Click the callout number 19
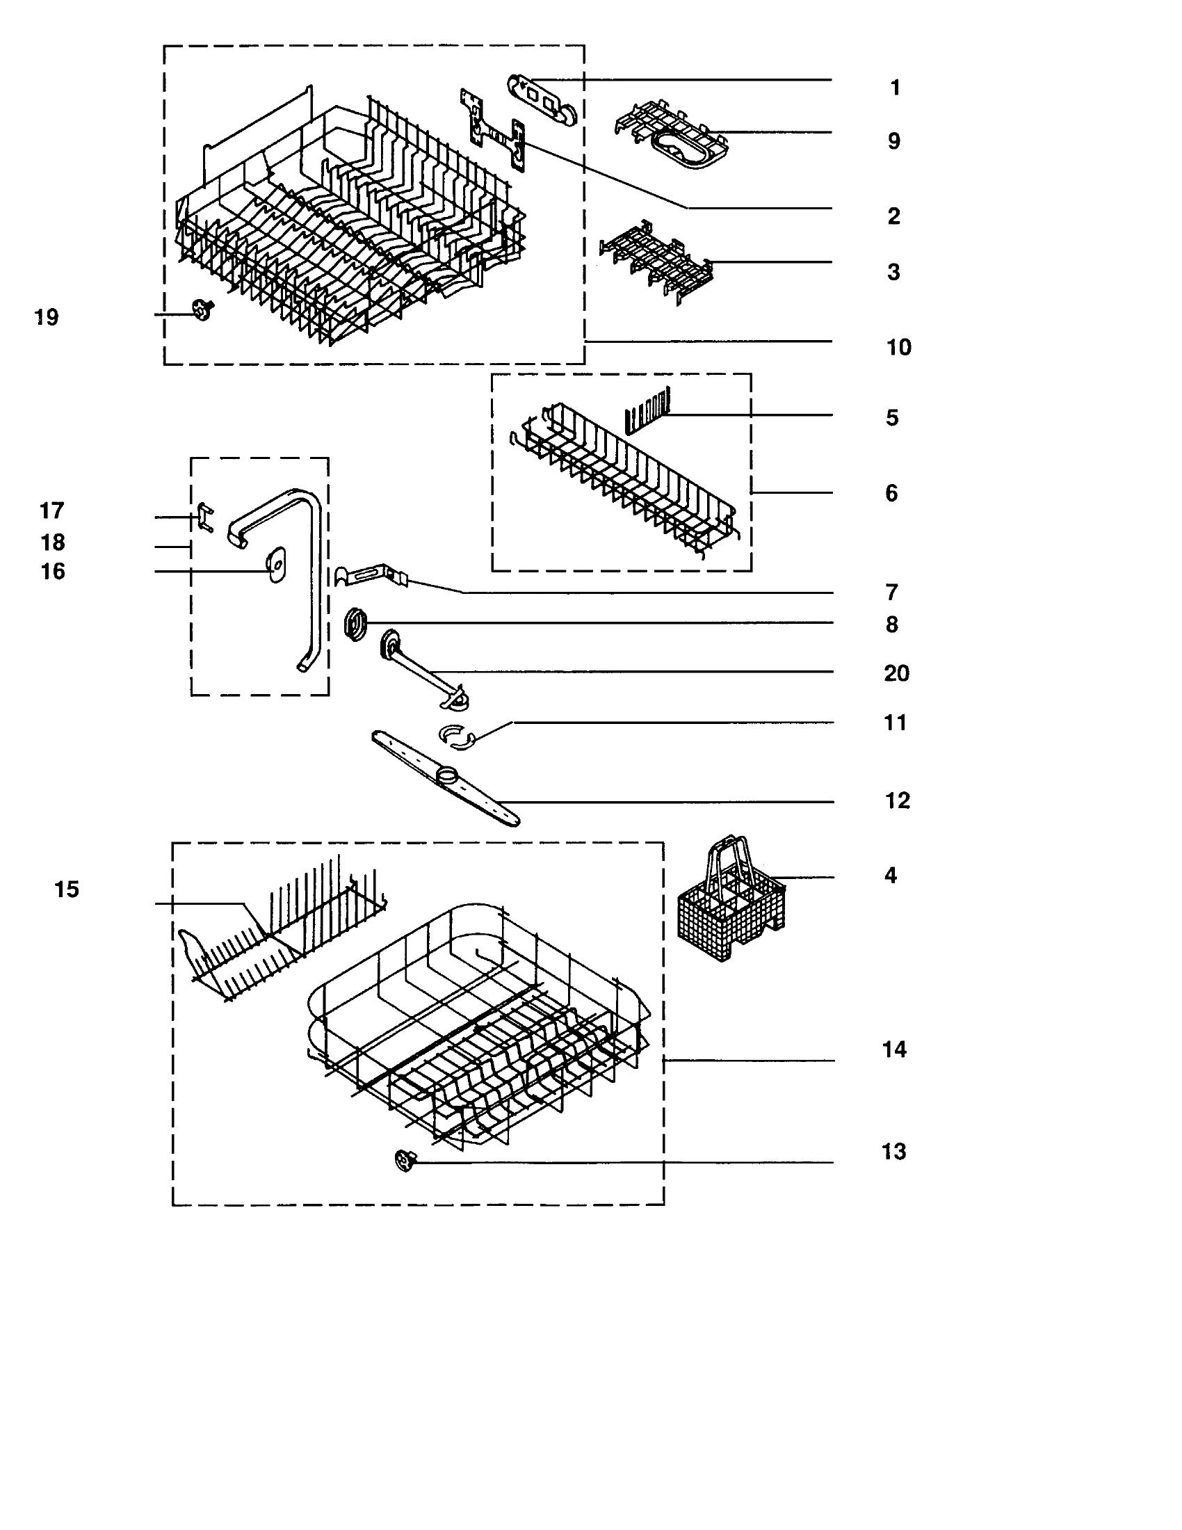coord(47,317)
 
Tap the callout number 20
coord(896,673)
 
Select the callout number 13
coord(894,1152)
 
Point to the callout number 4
coord(891,876)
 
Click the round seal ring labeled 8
coord(357,623)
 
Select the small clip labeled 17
coord(203,517)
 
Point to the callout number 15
coord(67,889)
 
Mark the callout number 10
coord(899,348)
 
